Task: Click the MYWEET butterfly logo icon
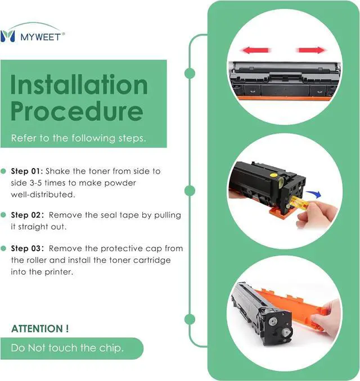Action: [x=7, y=36]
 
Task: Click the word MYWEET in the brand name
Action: [x=40, y=37]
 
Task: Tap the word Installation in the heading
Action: [x=79, y=84]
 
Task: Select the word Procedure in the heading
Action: [x=76, y=111]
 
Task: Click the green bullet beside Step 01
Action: [x=3, y=171]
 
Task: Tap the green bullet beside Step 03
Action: [x=3, y=248]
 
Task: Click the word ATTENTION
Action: [x=38, y=329]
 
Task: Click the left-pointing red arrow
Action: [x=255, y=51]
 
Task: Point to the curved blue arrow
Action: [x=314, y=194]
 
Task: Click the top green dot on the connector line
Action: [x=190, y=73]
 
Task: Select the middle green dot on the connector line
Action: [x=190, y=190]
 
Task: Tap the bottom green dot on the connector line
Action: [x=190, y=319]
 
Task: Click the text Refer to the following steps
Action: [x=79, y=138]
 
